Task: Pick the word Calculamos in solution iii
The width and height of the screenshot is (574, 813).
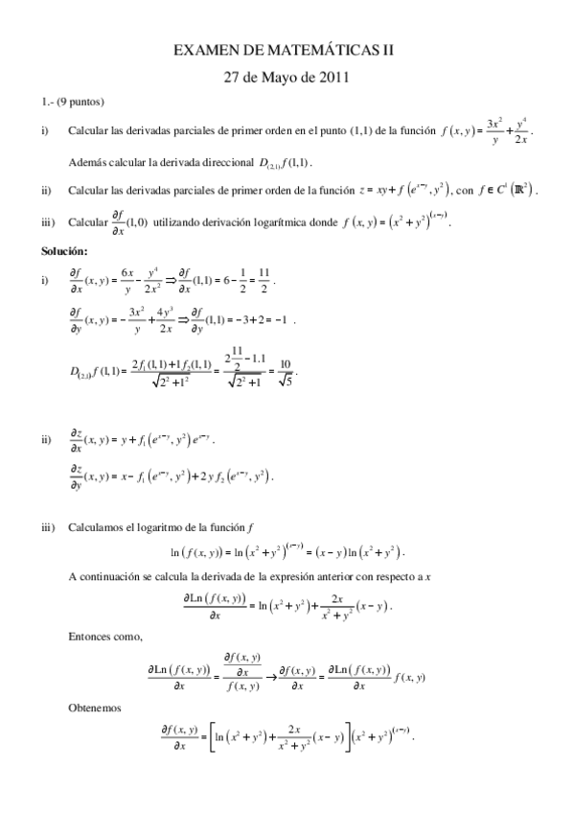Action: [101, 526]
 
